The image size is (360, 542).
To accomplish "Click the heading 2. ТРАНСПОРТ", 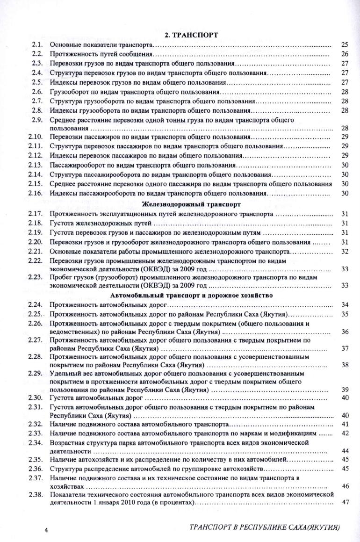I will (x=193, y=35).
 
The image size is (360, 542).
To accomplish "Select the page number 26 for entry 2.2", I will (x=346, y=54).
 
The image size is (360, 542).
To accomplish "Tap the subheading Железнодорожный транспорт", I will (x=192, y=204).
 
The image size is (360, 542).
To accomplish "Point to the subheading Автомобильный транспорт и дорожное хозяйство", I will (x=192, y=295).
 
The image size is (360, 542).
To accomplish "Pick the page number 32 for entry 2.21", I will (x=346, y=251).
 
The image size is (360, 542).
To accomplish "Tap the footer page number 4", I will (x=46, y=530).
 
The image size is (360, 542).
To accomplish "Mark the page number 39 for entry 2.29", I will (x=346, y=390).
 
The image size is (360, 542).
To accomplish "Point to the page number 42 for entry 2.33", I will (x=346, y=434).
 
